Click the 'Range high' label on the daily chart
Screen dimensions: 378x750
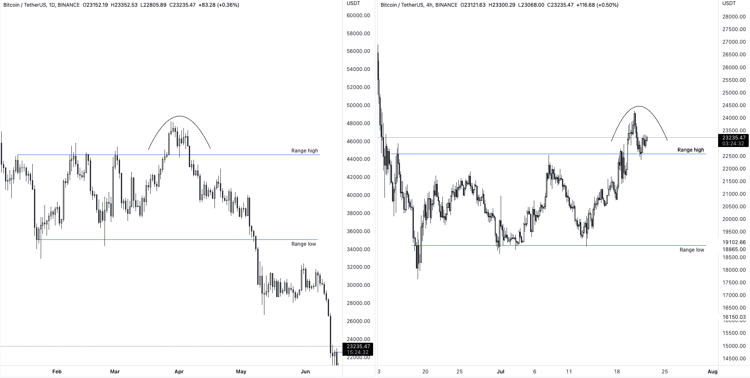pyautogui.click(x=304, y=151)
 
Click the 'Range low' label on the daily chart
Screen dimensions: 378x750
pyautogui.click(x=303, y=244)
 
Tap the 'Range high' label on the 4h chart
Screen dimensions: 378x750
pyautogui.click(x=690, y=150)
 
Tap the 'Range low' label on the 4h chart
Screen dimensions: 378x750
pyautogui.click(x=692, y=250)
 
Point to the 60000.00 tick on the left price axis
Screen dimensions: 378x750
pyautogui.click(x=358, y=16)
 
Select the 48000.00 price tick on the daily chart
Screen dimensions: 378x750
pyautogui.click(x=358, y=123)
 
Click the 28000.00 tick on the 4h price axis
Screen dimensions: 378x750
pyautogui.click(x=734, y=17)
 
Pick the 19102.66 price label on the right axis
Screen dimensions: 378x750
pyautogui.click(x=734, y=242)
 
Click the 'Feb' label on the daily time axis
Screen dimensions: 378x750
pyautogui.click(x=57, y=372)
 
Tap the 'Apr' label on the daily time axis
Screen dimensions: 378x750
pyautogui.click(x=179, y=372)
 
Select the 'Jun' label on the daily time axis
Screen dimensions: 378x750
pyautogui.click(x=305, y=372)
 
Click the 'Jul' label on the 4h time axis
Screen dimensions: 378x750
pyautogui.click(x=500, y=372)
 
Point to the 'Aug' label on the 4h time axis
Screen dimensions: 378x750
pyautogui.click(x=712, y=372)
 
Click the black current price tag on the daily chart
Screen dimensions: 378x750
pyautogui.click(x=358, y=349)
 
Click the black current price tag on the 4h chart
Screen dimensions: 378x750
pyautogui.click(x=733, y=140)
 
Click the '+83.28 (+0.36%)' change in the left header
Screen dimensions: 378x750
pyautogui.click(x=219, y=5)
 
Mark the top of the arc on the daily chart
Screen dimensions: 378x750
pyautogui.click(x=180, y=116)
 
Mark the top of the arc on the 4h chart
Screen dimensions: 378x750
pyautogui.click(x=638, y=106)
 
